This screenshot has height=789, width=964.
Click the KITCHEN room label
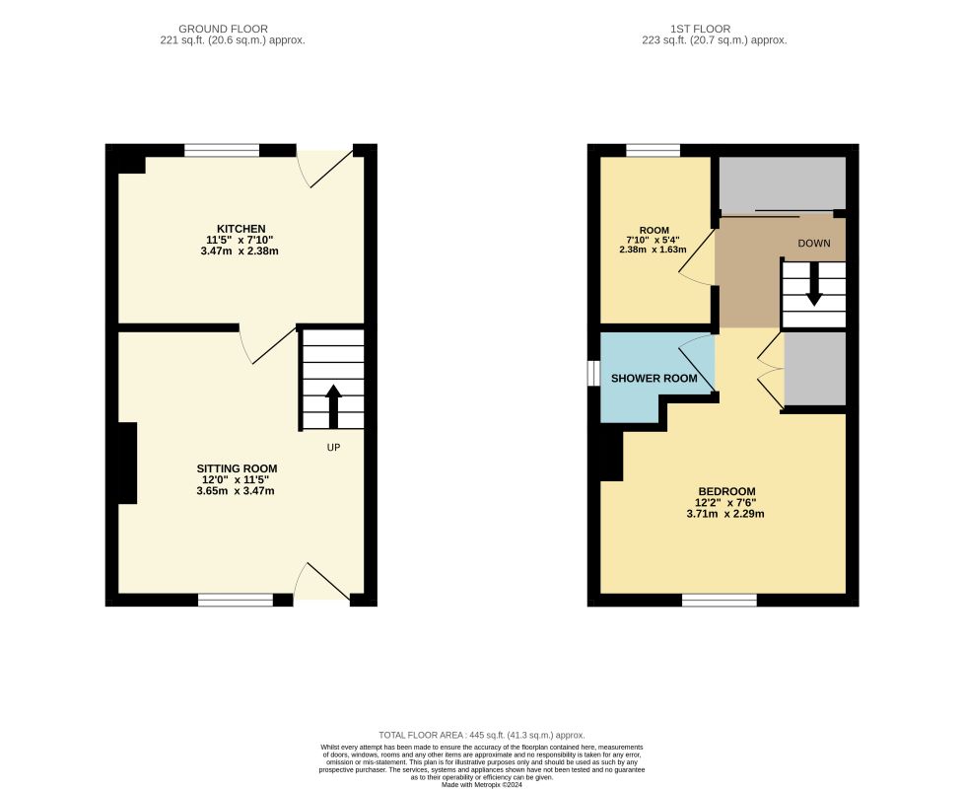[x=241, y=229]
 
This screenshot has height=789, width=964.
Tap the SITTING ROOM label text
[x=237, y=468]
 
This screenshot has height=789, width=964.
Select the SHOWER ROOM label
[x=654, y=379]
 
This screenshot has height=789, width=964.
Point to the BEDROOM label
[x=726, y=491]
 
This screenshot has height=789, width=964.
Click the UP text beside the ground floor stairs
[x=335, y=447]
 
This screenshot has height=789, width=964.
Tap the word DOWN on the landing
[x=813, y=244]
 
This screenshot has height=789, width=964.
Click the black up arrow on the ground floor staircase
[x=333, y=405]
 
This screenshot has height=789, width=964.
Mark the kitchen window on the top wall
[x=222, y=150]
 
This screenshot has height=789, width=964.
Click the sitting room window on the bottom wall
[x=235, y=599]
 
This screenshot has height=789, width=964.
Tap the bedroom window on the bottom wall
[x=720, y=599]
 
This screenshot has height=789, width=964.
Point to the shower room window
[x=593, y=374]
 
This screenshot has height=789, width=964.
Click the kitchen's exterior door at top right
[x=325, y=166]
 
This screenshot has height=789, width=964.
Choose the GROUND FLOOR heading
[x=223, y=29]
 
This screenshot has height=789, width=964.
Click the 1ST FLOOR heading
[x=714, y=29]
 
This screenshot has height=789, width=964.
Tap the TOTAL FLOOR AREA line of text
[x=482, y=735]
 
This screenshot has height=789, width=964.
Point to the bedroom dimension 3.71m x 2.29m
[x=726, y=514]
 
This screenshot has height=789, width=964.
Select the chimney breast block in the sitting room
[x=127, y=463]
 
